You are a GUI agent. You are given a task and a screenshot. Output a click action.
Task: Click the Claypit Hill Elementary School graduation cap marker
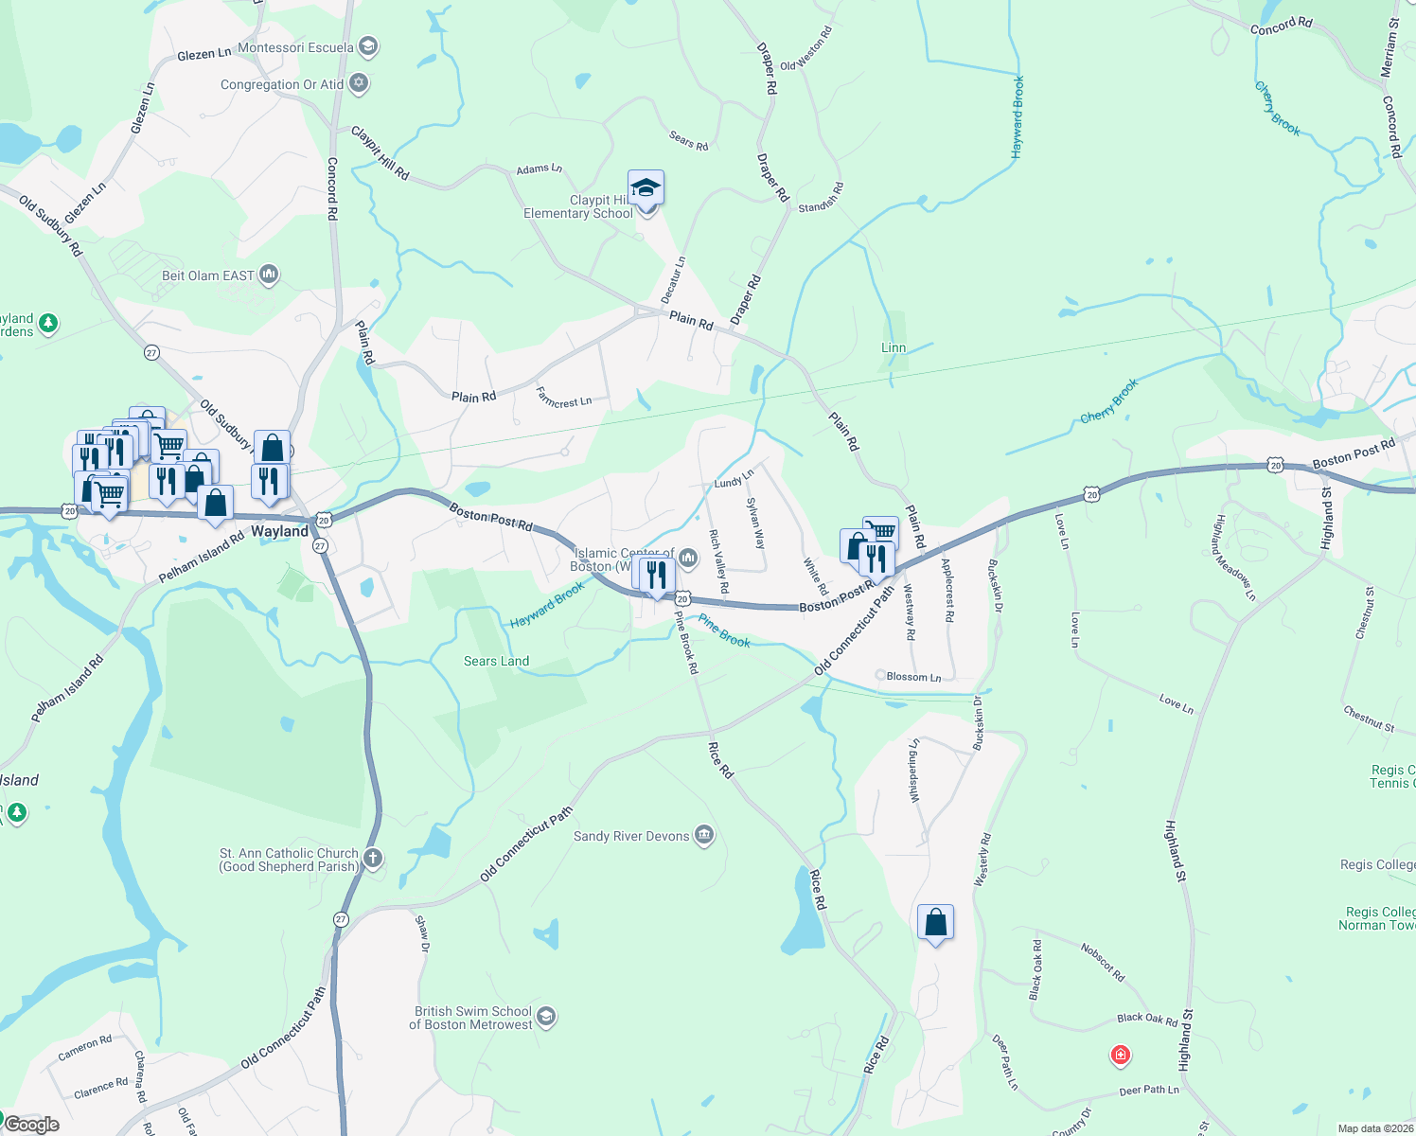(646, 188)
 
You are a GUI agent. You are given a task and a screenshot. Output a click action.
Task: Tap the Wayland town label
(279, 531)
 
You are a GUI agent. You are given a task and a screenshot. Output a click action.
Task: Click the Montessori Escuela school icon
(369, 46)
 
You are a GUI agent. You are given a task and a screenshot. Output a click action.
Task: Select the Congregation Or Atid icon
(359, 83)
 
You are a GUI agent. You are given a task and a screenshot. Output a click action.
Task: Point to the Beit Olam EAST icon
(269, 275)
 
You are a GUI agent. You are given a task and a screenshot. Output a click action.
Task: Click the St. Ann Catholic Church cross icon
(373, 859)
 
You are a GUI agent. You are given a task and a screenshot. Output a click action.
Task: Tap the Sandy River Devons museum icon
(703, 835)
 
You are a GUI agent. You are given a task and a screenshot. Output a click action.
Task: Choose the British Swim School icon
(546, 1017)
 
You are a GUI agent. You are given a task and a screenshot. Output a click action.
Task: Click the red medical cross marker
(1121, 1055)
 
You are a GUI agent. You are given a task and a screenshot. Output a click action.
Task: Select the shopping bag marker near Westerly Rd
(935, 922)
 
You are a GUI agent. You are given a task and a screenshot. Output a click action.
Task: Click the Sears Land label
(496, 661)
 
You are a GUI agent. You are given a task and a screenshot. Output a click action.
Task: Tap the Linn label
(894, 347)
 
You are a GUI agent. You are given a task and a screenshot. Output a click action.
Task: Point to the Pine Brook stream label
(724, 631)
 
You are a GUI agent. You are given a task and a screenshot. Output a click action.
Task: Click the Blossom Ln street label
(913, 677)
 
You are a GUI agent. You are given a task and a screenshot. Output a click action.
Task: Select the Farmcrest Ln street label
(563, 398)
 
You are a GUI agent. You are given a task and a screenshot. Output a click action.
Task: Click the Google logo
(32, 1124)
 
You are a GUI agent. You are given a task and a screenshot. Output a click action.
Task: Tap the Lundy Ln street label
(734, 479)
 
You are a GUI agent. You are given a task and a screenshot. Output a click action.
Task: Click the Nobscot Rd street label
(1103, 961)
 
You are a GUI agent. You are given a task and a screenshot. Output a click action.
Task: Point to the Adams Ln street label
(539, 169)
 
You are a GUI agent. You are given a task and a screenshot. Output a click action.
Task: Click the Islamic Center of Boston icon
(688, 558)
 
